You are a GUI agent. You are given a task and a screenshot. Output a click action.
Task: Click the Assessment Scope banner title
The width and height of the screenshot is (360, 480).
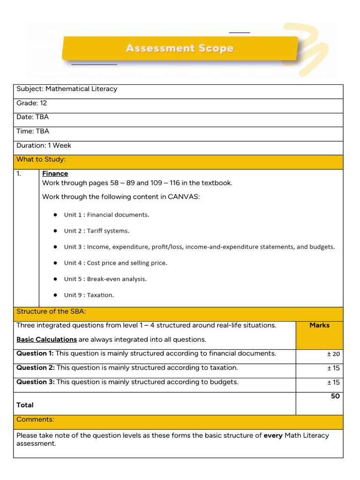[180, 48]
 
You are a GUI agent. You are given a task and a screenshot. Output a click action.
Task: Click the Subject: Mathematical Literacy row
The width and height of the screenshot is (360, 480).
[67, 89]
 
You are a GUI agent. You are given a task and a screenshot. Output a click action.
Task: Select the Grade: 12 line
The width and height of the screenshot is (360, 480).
[31, 103]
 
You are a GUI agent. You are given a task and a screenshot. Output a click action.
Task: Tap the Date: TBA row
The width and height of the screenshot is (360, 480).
[32, 117]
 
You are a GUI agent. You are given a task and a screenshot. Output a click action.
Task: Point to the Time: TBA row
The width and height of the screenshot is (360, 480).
[33, 131]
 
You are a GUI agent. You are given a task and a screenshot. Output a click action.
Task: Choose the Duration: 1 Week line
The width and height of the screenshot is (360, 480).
[44, 145]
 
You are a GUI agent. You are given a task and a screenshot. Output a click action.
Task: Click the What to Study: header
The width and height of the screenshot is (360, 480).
[41, 159]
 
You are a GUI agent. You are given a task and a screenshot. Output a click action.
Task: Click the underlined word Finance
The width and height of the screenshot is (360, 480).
[55, 173]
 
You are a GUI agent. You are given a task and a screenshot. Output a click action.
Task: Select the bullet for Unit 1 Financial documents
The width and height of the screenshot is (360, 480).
[55, 215]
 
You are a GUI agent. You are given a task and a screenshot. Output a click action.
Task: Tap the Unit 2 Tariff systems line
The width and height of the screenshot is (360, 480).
[97, 231]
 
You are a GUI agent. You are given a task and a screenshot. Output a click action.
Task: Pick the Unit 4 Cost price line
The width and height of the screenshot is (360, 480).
[115, 263]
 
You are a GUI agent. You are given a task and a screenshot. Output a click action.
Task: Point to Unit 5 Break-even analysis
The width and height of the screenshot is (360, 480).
[105, 279]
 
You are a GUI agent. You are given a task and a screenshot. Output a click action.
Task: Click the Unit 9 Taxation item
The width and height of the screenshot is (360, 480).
[89, 295]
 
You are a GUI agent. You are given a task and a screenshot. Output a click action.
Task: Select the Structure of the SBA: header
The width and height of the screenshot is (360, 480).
[51, 312]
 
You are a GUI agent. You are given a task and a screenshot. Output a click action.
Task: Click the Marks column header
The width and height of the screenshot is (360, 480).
[319, 325]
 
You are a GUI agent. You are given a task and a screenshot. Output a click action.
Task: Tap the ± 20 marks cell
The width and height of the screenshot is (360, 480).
[333, 354]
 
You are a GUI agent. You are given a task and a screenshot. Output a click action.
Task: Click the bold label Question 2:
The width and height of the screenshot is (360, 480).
[36, 368]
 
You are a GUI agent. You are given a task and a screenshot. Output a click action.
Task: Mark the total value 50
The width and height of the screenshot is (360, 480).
[335, 397]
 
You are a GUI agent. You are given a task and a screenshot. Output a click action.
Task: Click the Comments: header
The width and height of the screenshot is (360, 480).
[35, 420]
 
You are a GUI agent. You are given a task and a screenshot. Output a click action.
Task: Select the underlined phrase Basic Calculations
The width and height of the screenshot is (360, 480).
[46, 339]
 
